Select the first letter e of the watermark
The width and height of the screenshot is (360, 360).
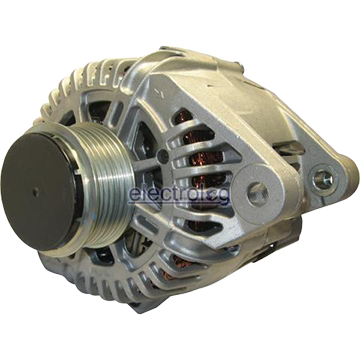click(136, 195)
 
